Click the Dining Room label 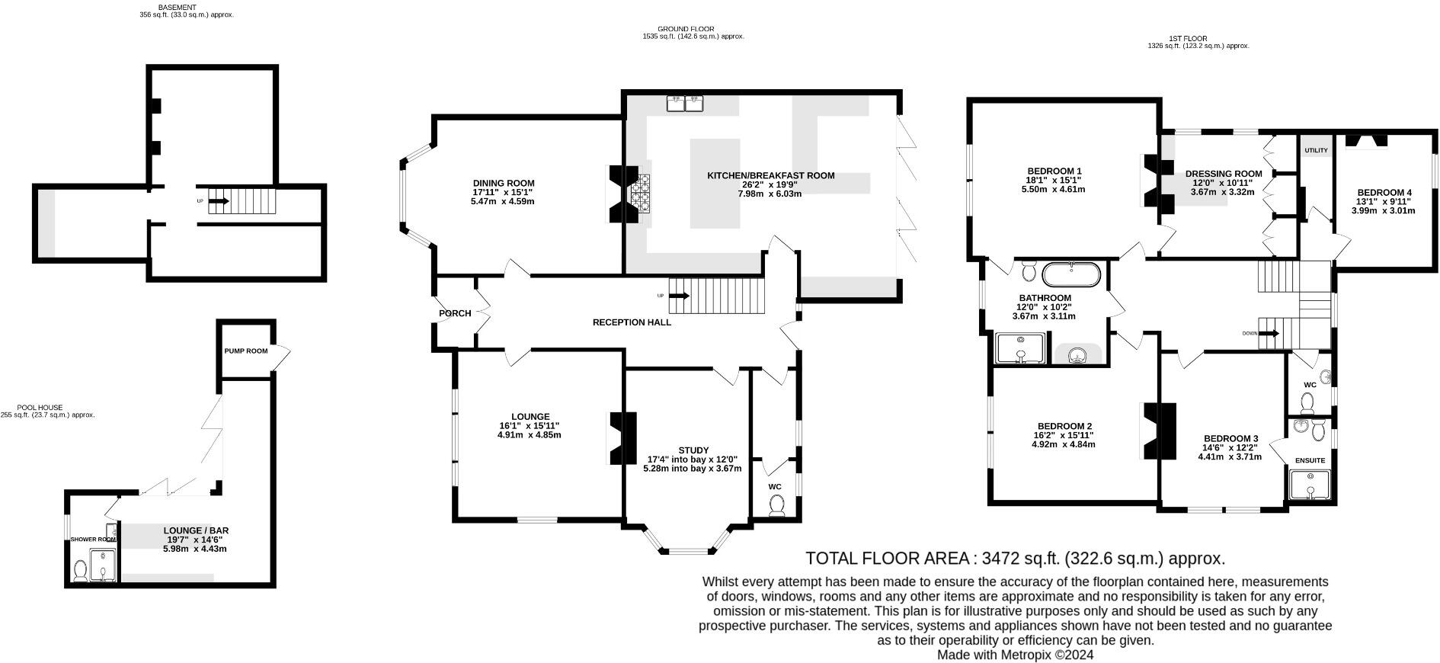pyautogui.click(x=504, y=183)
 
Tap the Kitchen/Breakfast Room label pyautogui.click(x=770, y=175)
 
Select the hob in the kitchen pyautogui.click(x=639, y=191)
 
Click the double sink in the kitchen pyautogui.click(x=684, y=103)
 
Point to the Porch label pyautogui.click(x=455, y=313)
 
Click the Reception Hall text pyautogui.click(x=632, y=322)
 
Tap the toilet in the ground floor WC pyautogui.click(x=777, y=504)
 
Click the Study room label pyautogui.click(x=693, y=450)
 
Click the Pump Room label pyautogui.click(x=246, y=351)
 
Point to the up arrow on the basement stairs pyautogui.click(x=219, y=201)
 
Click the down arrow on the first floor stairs pyautogui.click(x=1269, y=333)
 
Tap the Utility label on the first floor pyautogui.click(x=1316, y=150)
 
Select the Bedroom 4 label pyautogui.click(x=1384, y=192)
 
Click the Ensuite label pyautogui.click(x=1310, y=460)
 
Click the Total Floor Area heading pyautogui.click(x=1015, y=559)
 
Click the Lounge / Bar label pyautogui.click(x=196, y=530)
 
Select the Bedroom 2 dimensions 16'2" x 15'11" pyautogui.click(x=1063, y=435)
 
